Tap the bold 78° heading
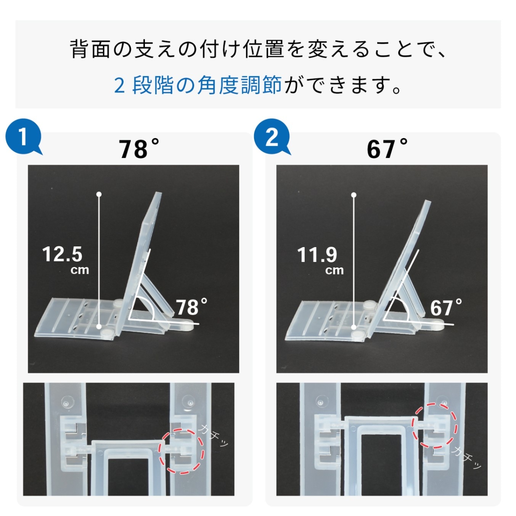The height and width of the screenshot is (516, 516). pos(138,149)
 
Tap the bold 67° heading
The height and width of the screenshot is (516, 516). pos(387,149)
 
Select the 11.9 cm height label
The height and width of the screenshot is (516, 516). pos(319,259)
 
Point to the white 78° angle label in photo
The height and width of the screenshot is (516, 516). pos(191,307)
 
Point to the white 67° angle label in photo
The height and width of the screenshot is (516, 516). pos(446,307)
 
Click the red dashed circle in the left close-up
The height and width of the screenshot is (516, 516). pos(182,451)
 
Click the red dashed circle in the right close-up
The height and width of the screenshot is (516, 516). pos(435,425)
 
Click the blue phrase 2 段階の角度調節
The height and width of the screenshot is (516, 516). pos(198,85)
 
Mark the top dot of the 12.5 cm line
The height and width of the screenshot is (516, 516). pos(99,195)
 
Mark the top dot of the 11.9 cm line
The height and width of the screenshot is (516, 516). pos(354,195)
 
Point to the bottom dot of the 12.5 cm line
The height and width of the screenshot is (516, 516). pos(99,326)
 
